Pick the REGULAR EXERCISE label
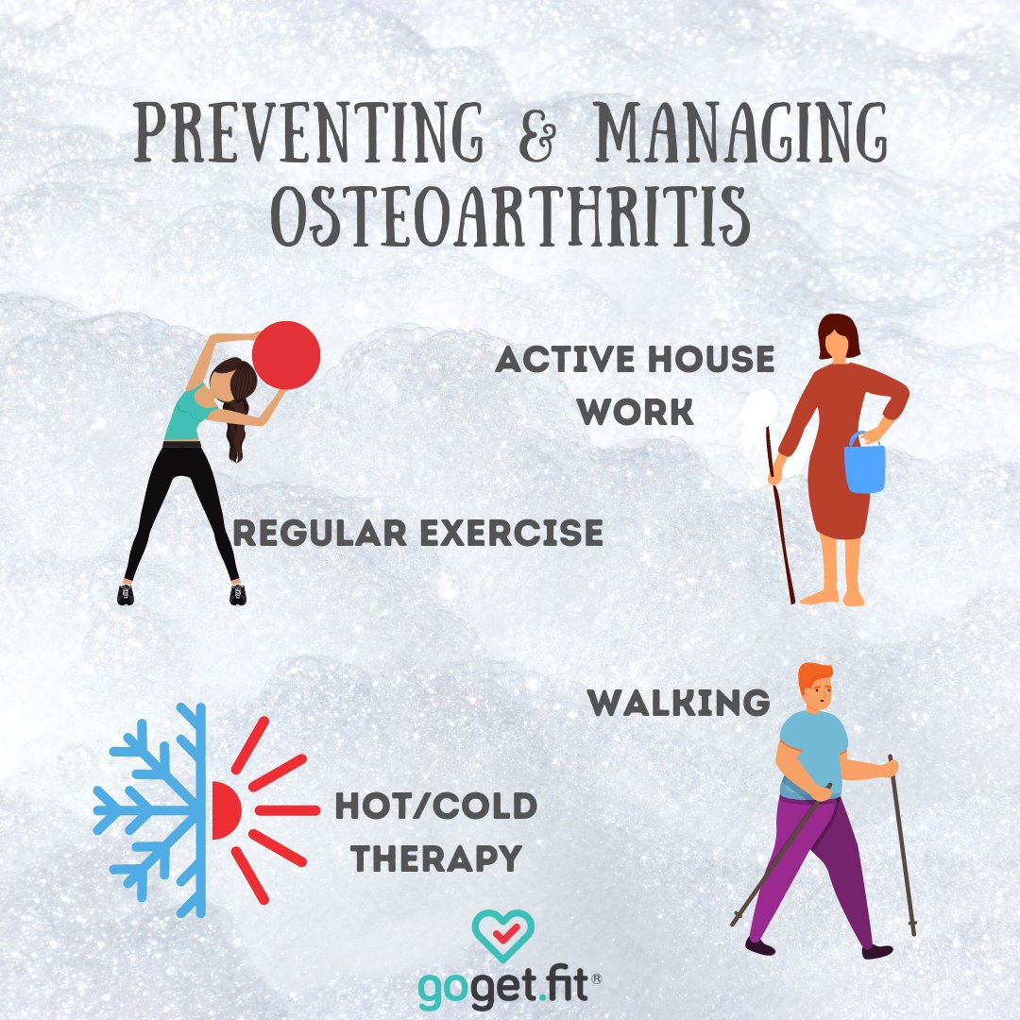click(417, 533)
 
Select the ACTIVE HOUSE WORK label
click(635, 384)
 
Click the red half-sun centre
click(225, 810)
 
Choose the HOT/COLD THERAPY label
click(435, 832)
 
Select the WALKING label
click(678, 703)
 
